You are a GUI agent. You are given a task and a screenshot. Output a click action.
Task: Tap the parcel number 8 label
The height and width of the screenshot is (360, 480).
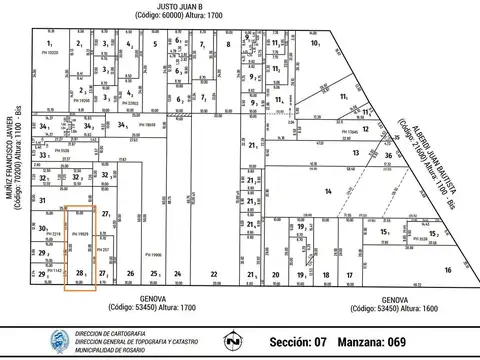(229, 45)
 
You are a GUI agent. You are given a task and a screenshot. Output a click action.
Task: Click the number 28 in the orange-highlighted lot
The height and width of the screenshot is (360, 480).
(80, 272)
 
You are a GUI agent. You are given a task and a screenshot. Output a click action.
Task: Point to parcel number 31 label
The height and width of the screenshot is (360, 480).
(43, 200)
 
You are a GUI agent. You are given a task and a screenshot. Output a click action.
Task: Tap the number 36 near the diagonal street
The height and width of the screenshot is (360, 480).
(387, 155)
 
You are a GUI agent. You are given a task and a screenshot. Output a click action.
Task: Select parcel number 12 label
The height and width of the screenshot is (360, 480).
(366, 128)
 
